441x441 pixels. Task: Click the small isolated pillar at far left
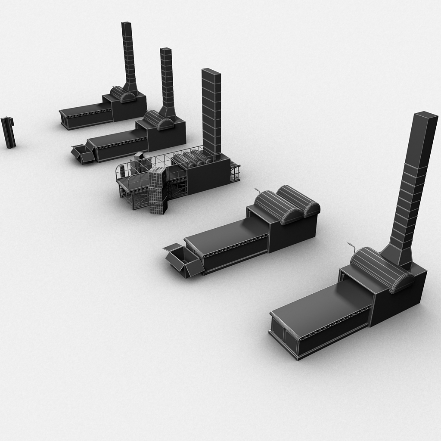click(8, 132)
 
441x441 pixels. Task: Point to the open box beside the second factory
click(83, 154)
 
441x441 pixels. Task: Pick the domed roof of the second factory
click(158, 120)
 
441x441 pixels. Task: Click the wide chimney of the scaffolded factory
click(211, 112)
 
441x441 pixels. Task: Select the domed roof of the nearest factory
click(381, 269)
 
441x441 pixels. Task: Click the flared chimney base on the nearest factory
click(398, 255)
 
